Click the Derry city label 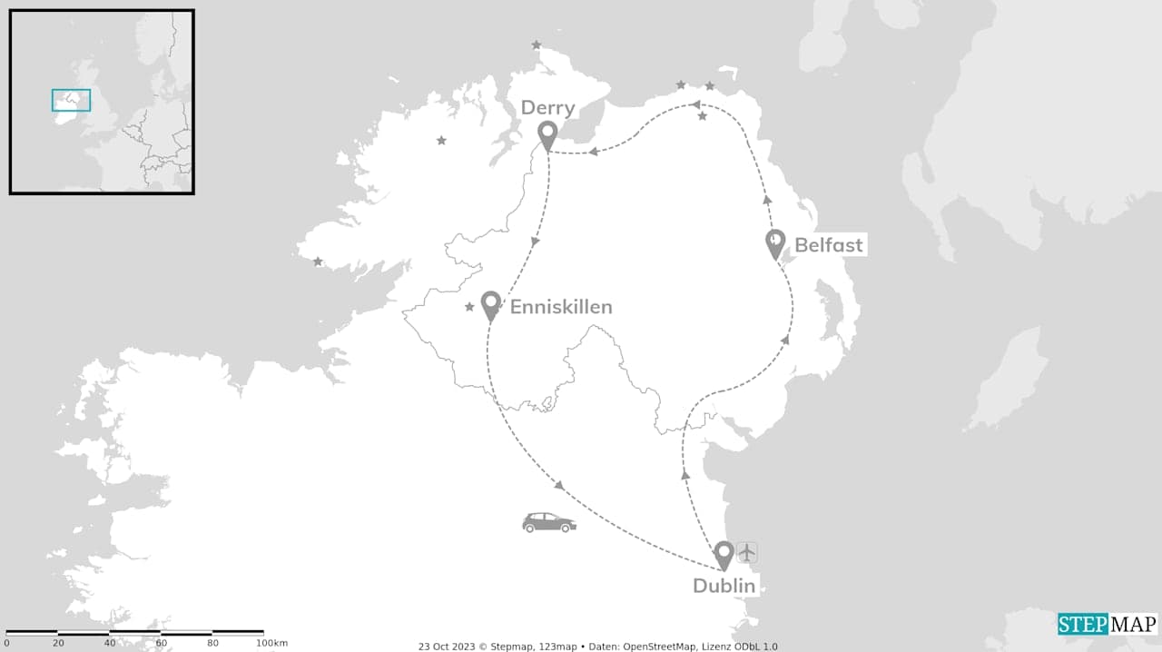click(x=547, y=108)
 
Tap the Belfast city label click(x=828, y=244)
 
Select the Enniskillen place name click(x=560, y=307)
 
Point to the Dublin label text click(x=724, y=586)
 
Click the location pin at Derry click(x=547, y=136)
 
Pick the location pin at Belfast click(x=774, y=243)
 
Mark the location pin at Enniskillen click(x=490, y=305)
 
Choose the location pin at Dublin click(x=724, y=554)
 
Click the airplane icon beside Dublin click(x=747, y=552)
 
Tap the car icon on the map click(x=548, y=522)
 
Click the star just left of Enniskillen click(x=469, y=307)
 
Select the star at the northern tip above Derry click(x=537, y=44)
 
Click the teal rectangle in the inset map click(x=71, y=100)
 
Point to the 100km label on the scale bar click(x=271, y=643)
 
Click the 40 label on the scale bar click(x=109, y=643)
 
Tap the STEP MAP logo click(x=1108, y=624)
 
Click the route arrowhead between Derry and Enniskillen click(x=536, y=242)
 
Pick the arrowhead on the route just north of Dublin click(x=685, y=474)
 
